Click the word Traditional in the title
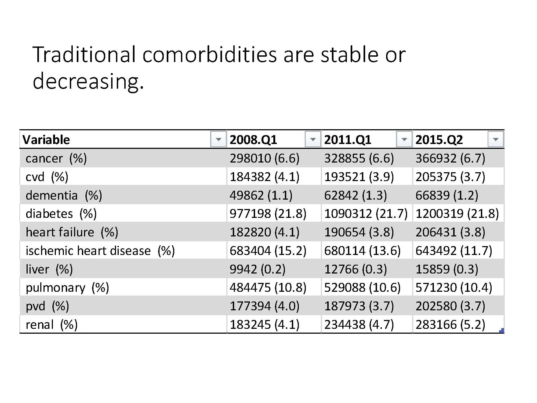point(84,55)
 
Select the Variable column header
point(46,140)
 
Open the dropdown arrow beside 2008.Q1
point(313,139)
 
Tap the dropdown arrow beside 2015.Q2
point(495,139)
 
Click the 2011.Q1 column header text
point(347,140)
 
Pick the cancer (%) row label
point(56,158)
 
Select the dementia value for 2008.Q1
point(261,195)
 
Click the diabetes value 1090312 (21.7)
point(366,214)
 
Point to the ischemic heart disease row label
point(100,251)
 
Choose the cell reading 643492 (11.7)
point(453,251)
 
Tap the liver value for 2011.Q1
point(355,269)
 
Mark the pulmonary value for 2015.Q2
point(453,288)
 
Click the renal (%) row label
point(52,325)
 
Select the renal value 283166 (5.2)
point(450,325)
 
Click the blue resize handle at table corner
point(501,331)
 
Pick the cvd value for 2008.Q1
point(264,177)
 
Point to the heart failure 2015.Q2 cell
point(450,232)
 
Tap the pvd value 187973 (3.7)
point(359,306)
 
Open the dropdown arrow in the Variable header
point(218,139)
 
